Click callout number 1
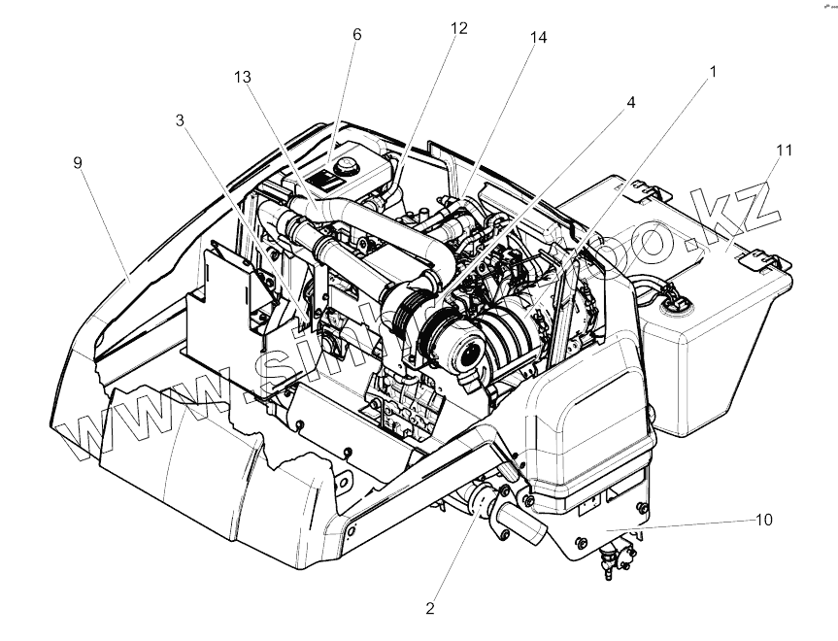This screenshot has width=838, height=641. (x=713, y=72)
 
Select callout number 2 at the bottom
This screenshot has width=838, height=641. (x=430, y=610)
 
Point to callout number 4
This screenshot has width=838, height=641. (x=630, y=102)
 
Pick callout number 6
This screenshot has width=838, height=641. (x=357, y=35)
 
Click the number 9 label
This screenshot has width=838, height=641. (x=78, y=163)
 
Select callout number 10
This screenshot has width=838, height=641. (x=764, y=520)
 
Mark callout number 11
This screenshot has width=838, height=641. (x=785, y=151)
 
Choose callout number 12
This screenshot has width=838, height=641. (x=458, y=28)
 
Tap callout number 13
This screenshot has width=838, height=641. (x=240, y=77)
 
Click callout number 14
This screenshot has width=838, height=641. (x=538, y=38)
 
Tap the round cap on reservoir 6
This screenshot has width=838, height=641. (x=339, y=168)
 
